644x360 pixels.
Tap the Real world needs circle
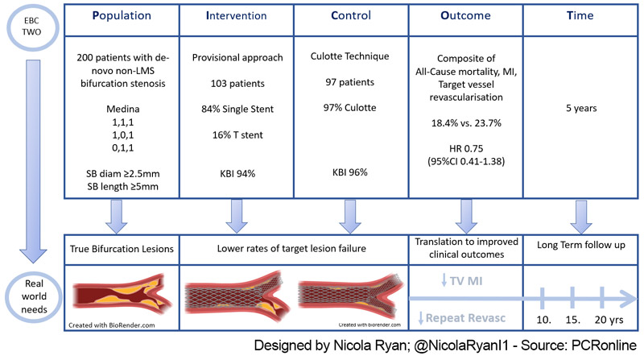pos(30,297)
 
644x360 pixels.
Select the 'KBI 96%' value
pos(349,172)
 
